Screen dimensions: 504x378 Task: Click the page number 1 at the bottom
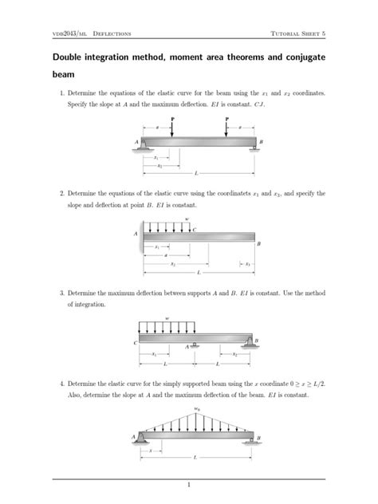pyautogui.click(x=189, y=484)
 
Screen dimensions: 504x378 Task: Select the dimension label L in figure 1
pyautogui.click(x=195, y=172)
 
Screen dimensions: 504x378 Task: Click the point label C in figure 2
pyautogui.click(x=194, y=230)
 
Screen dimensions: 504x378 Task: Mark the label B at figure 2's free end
pyautogui.click(x=258, y=243)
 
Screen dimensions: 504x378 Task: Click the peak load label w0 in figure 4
pyautogui.click(x=196, y=409)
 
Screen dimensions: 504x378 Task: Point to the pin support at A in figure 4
pyautogui.click(x=142, y=437)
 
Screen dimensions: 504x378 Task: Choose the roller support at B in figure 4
pyautogui.click(x=253, y=439)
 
